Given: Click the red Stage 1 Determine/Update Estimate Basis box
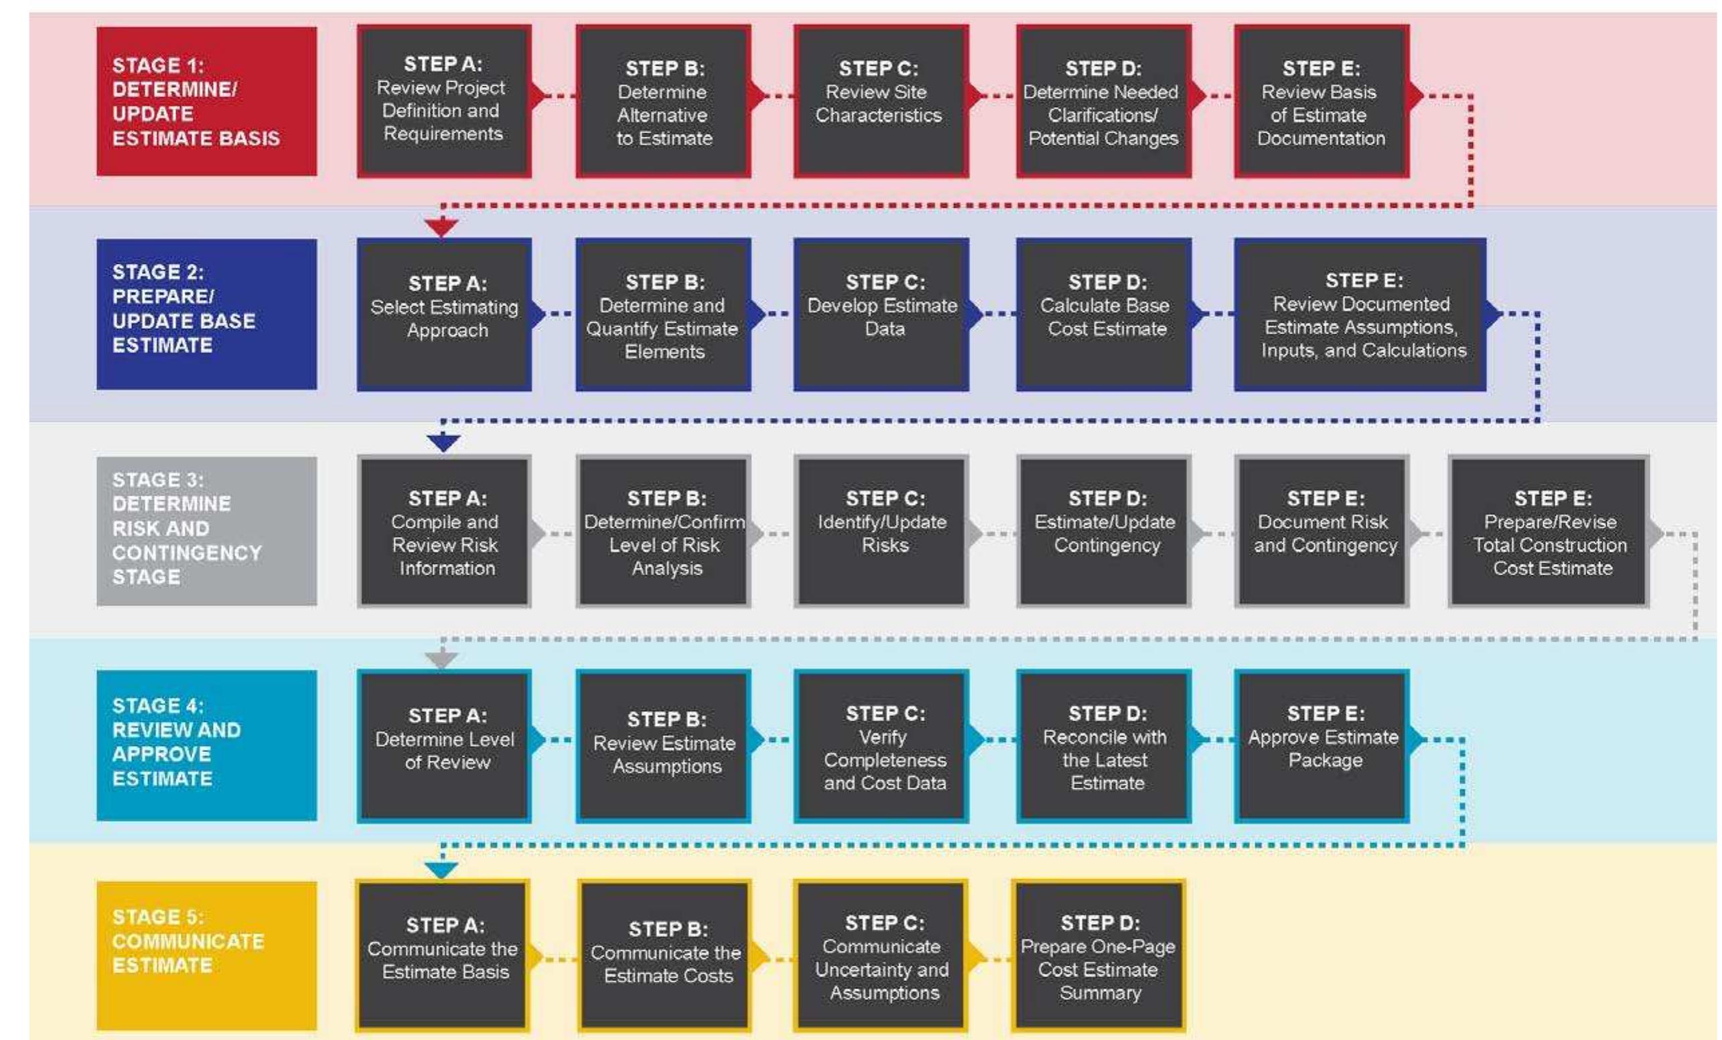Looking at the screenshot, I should (x=206, y=101).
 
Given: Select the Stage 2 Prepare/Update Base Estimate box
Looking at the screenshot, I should (x=206, y=314).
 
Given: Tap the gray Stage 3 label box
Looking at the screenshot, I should (x=206, y=530).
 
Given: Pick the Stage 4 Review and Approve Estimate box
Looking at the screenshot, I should (x=206, y=745).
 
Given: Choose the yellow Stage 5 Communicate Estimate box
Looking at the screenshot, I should (x=206, y=956).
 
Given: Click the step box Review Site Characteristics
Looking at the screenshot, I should (x=881, y=101).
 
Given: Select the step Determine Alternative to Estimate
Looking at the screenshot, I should (x=663, y=101).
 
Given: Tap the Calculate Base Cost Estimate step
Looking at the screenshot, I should (x=1104, y=314).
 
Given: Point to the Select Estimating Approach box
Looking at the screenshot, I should (x=445, y=314).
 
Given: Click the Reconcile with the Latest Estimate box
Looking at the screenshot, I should (x=1104, y=746).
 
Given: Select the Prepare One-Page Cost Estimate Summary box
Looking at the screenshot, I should (x=1098, y=956).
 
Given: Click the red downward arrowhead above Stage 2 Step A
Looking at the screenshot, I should (x=441, y=227).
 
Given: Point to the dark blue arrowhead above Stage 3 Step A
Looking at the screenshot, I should (x=443, y=443).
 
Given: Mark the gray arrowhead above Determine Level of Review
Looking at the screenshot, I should (x=441, y=659).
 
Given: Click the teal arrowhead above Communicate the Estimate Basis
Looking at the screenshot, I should (x=441, y=870).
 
